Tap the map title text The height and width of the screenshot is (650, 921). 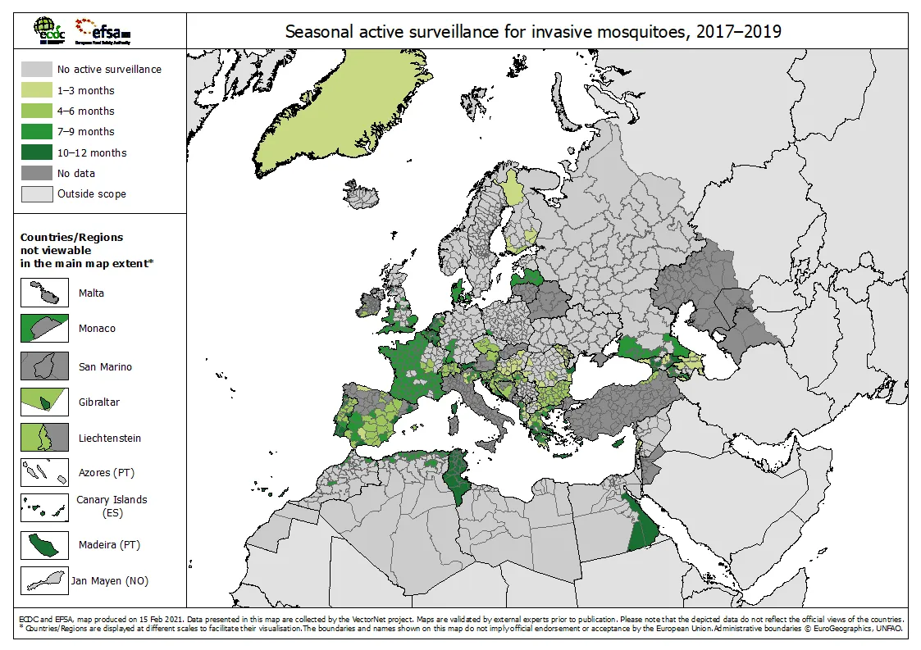tap(532, 32)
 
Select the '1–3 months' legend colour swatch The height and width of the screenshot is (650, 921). tap(35, 90)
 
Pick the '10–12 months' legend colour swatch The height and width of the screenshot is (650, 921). tap(35, 152)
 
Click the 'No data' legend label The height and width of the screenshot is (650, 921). tap(75, 173)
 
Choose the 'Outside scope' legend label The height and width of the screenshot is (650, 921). tap(91, 194)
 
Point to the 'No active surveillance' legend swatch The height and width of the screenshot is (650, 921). tap(35, 70)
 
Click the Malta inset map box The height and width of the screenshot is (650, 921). tap(44, 293)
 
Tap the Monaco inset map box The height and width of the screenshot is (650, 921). tap(44, 328)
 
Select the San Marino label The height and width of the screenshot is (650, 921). tap(105, 366)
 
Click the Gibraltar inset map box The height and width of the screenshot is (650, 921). tap(44, 402)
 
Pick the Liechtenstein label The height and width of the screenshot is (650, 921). tap(109, 438)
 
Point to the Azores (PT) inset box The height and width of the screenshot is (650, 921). tap(44, 473)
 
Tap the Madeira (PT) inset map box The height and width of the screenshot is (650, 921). tap(44, 544)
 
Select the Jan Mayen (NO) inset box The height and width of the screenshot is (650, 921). tap(44, 581)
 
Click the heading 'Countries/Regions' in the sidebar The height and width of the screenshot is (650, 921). tap(71, 237)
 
